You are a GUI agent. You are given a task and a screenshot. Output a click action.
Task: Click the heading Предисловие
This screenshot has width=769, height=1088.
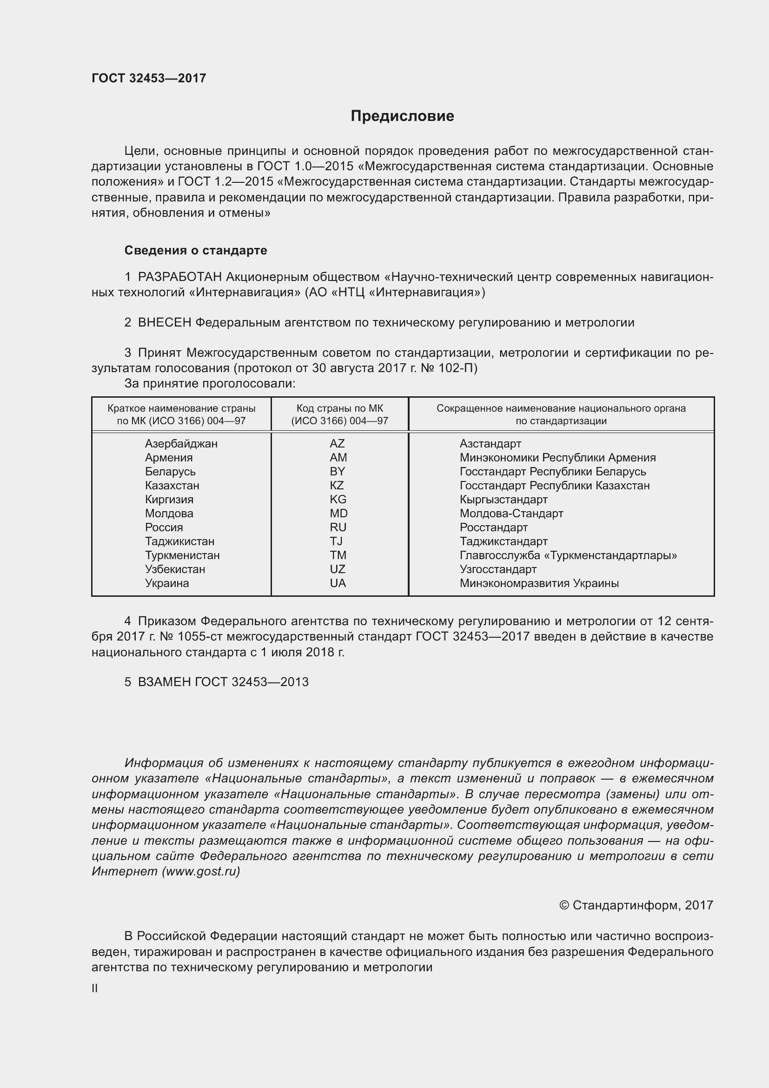tap(402, 116)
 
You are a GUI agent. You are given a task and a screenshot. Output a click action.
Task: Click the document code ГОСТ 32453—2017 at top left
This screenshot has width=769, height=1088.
tap(149, 78)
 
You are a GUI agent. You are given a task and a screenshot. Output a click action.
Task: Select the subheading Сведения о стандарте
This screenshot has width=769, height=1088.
tap(196, 250)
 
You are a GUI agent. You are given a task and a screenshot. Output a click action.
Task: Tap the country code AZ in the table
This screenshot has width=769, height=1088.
tap(337, 444)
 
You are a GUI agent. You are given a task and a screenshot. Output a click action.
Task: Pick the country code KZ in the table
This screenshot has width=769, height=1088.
tap(337, 485)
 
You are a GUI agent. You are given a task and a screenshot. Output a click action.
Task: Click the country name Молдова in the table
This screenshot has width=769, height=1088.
tap(169, 513)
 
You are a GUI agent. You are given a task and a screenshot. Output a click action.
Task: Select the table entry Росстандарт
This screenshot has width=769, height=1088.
tap(493, 527)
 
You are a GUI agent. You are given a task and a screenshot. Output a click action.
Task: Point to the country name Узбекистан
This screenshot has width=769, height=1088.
tap(175, 569)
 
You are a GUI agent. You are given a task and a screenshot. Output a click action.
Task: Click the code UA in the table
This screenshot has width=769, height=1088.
tap(338, 583)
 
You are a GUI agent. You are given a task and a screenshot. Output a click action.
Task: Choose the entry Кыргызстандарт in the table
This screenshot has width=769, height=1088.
tap(504, 500)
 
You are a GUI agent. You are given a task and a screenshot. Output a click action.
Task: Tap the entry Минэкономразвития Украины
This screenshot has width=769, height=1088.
tap(539, 583)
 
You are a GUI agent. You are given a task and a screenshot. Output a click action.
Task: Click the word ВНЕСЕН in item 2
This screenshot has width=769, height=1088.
tap(164, 323)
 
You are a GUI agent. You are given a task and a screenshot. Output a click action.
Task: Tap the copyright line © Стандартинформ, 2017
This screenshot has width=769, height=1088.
tap(636, 905)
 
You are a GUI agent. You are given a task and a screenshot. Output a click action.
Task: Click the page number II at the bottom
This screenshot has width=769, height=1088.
tap(95, 988)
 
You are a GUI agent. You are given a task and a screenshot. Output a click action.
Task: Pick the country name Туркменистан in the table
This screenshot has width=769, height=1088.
tap(182, 555)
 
